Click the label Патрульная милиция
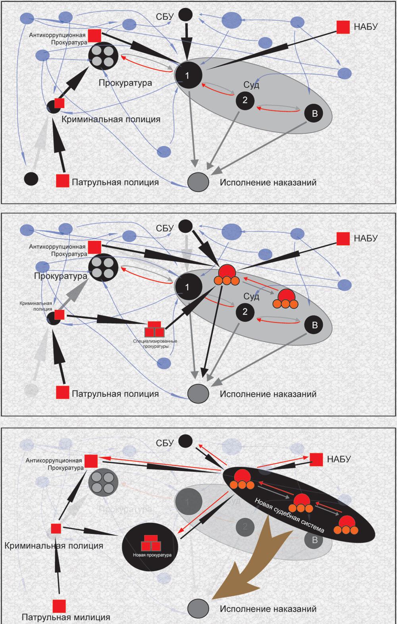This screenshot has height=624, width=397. pos(66,617)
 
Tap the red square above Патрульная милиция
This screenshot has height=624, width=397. pos(59,606)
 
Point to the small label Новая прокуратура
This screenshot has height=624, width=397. pos(150,555)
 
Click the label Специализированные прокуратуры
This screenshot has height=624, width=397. pos(155,344)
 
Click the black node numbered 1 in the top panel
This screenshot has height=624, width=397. pos(188,75)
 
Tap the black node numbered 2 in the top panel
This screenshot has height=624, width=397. pos(245,100)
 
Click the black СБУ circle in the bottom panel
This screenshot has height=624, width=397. pos(185,441)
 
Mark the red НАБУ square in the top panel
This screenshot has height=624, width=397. pos(343,27)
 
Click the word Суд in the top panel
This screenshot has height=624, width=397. pos(251,85)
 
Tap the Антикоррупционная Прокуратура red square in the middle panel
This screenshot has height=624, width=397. pos(94,247)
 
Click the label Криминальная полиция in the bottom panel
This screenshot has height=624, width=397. pos(54,546)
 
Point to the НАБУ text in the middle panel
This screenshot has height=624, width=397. pos(366,238)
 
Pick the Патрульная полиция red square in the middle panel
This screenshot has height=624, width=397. pos(62,392)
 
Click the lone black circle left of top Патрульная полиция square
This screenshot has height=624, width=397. pos(31,178)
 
